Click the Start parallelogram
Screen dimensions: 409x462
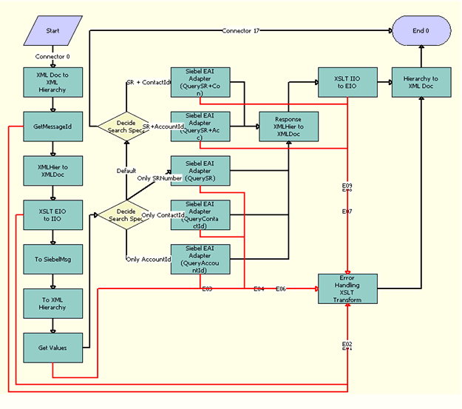click(x=52, y=32)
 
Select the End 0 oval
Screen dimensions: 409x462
click(x=421, y=32)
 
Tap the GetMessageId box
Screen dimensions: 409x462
click(x=52, y=126)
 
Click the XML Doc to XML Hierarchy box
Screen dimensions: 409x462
click(x=52, y=82)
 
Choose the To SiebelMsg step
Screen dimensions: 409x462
click(x=52, y=259)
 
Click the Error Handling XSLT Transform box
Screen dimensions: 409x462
click(x=347, y=288)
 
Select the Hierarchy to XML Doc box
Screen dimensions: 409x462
click(x=421, y=82)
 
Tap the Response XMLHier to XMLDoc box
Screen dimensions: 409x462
click(x=288, y=126)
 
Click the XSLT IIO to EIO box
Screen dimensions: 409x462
click(x=347, y=82)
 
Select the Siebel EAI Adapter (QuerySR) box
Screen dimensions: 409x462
click(x=200, y=171)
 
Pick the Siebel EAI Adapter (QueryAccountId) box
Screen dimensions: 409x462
click(x=200, y=260)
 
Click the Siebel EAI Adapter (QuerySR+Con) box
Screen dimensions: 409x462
click(x=200, y=82)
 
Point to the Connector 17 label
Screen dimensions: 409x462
click(x=242, y=30)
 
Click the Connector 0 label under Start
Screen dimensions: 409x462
click(x=52, y=56)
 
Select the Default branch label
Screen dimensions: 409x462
click(x=126, y=171)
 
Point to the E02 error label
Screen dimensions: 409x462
click(x=347, y=345)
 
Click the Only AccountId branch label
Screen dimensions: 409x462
click(x=149, y=260)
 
